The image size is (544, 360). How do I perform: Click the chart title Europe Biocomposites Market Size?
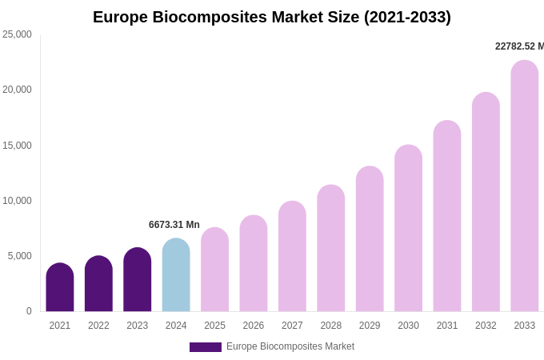[x=272, y=17]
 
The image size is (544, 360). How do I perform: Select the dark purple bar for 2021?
[x=60, y=287]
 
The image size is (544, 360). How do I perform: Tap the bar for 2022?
[x=98, y=284]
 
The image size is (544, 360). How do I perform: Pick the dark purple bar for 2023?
[x=138, y=280]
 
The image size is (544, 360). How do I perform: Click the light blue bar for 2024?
[x=176, y=275]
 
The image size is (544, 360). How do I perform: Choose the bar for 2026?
[x=254, y=263]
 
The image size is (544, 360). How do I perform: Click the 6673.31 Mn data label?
[x=174, y=225]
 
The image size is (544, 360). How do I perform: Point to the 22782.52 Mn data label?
[x=519, y=46]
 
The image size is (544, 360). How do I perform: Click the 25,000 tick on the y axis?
[x=18, y=34]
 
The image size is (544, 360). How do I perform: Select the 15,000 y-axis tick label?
[x=18, y=146]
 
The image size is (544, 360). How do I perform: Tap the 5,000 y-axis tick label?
[x=20, y=256]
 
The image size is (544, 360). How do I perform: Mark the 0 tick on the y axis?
[x=29, y=311]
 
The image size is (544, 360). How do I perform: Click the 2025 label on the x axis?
[x=214, y=326]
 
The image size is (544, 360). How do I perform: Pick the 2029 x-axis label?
[x=370, y=326]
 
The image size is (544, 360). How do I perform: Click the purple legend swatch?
[x=206, y=347]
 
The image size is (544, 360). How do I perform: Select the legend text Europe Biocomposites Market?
[x=290, y=346]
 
